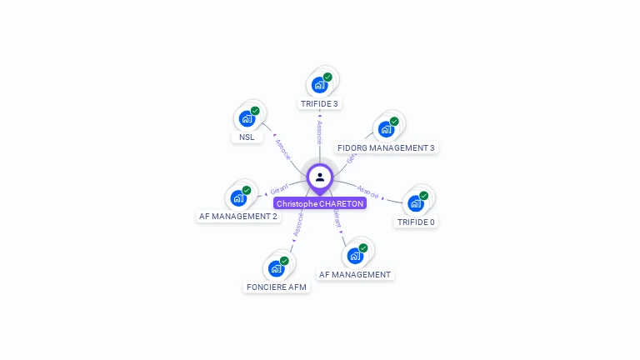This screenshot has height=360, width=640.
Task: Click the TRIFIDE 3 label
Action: pyautogui.click(x=319, y=104)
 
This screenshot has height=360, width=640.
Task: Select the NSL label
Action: pyautogui.click(x=246, y=137)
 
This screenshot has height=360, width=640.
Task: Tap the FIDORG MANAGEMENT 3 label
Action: pyautogui.click(x=386, y=148)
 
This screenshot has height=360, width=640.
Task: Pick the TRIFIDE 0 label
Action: pyautogui.click(x=416, y=222)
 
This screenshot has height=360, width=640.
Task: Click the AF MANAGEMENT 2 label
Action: pyautogui.click(x=237, y=217)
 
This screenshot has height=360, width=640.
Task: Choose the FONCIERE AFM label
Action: pyautogui.click(x=276, y=287)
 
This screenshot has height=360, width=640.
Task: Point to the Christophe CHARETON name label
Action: pyautogui.click(x=320, y=203)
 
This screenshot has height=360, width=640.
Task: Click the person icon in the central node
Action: pyautogui.click(x=320, y=177)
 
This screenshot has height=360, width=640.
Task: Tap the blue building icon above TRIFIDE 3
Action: pyautogui.click(x=319, y=85)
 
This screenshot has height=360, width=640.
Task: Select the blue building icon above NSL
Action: pyautogui.click(x=246, y=118)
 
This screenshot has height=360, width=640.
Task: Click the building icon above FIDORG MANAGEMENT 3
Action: pyautogui.click(x=386, y=129)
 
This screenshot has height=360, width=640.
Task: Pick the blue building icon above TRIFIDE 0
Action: pyautogui.click(x=416, y=203)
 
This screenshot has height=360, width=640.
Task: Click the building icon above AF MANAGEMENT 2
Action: pyautogui.click(x=237, y=198)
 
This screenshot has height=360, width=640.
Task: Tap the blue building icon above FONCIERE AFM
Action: pyautogui.click(x=276, y=268)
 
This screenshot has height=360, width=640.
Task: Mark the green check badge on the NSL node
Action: pyautogui.click(x=255, y=111)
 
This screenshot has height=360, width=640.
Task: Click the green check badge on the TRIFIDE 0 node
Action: pyautogui.click(x=424, y=196)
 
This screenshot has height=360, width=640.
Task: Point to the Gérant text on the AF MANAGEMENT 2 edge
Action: pyautogui.click(x=279, y=188)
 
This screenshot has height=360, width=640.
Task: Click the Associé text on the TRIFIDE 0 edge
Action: pyautogui.click(x=367, y=192)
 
